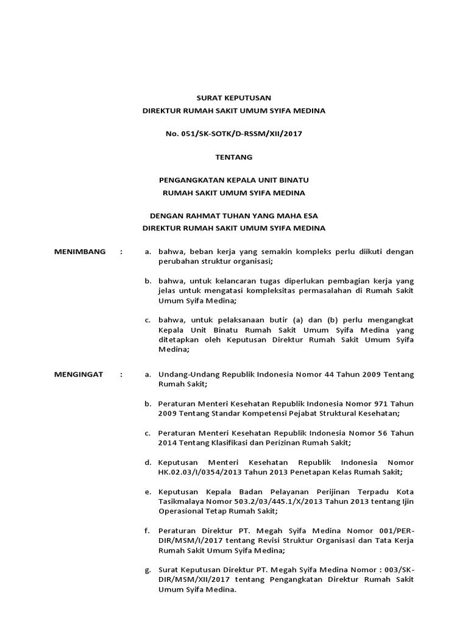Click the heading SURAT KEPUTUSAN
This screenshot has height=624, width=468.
233,97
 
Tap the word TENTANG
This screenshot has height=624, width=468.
233,157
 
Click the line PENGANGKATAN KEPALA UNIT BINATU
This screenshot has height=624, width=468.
233,180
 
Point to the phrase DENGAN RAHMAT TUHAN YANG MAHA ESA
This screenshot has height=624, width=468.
234,216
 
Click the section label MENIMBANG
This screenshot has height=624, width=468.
80,251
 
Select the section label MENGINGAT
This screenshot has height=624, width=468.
79,374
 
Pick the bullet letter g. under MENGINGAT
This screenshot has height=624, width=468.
147,570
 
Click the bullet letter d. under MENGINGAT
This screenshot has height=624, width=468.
147,462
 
